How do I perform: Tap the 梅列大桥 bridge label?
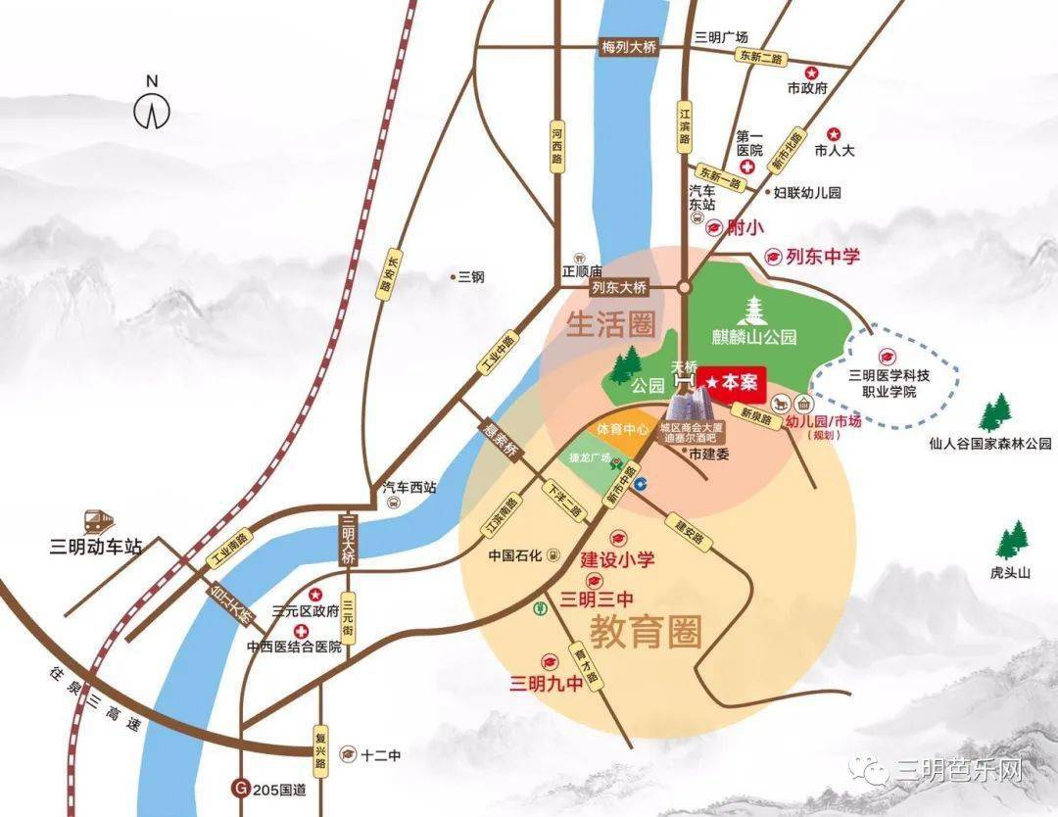click(x=628, y=48)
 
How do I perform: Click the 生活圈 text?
click(x=609, y=324)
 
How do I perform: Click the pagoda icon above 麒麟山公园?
click(x=755, y=312)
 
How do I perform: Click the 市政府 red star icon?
click(x=811, y=72)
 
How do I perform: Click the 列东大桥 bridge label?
click(x=619, y=288)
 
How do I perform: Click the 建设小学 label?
click(x=617, y=560)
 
